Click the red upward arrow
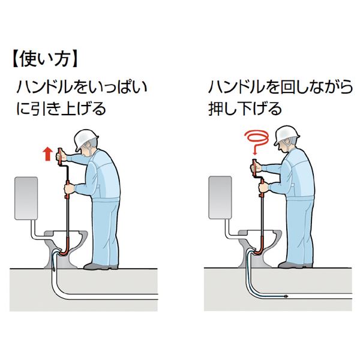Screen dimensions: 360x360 click(x=48, y=154)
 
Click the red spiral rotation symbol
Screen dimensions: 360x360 click(x=257, y=139)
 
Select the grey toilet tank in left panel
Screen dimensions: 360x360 click(x=26, y=198)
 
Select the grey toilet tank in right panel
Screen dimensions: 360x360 click(x=220, y=197)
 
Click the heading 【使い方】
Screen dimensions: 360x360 click(x=45, y=60)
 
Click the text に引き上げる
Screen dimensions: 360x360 click(x=61, y=109)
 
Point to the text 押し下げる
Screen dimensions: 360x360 click(x=245, y=109)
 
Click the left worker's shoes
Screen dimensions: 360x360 click(x=101, y=266)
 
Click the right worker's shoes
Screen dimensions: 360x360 click(x=295, y=265)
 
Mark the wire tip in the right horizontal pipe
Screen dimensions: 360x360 click(x=286, y=296)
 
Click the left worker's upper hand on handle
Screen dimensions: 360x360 click(x=61, y=157)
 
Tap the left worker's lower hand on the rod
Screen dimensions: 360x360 click(x=69, y=189)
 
